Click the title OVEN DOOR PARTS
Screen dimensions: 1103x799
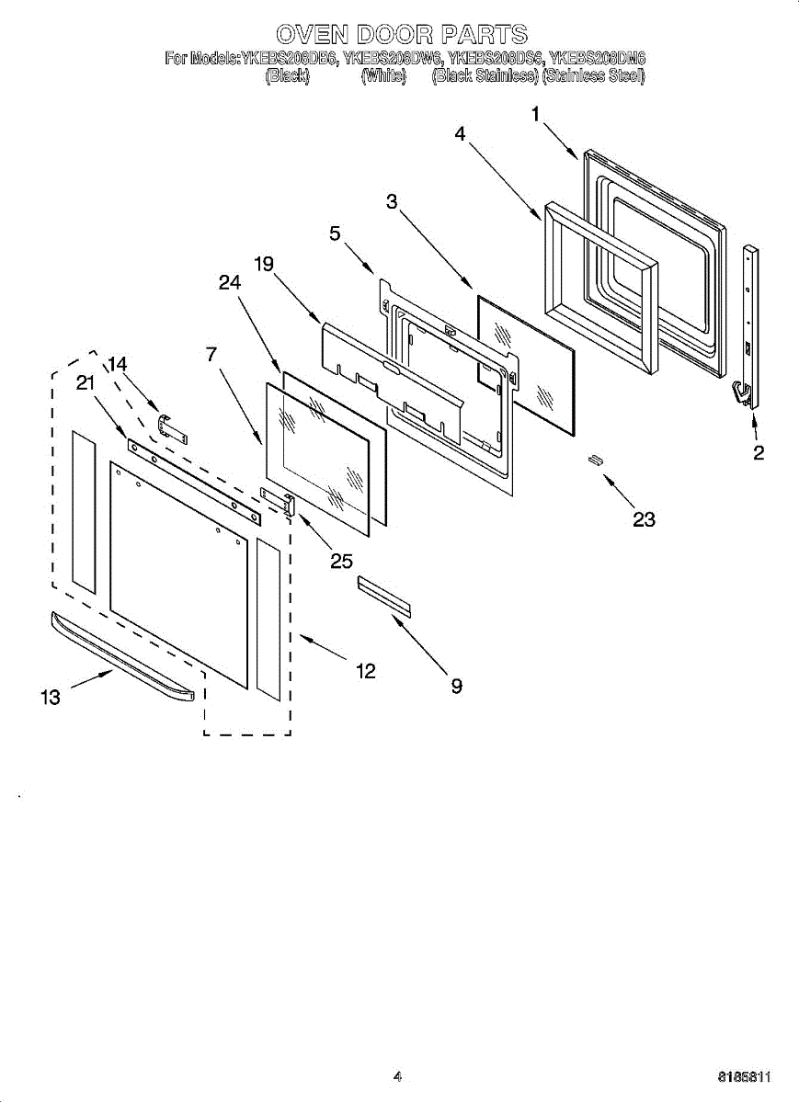(402, 35)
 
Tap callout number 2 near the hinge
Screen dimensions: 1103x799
(759, 452)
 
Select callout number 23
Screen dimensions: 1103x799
(644, 519)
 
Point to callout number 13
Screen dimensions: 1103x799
(50, 697)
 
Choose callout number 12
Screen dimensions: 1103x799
(365, 672)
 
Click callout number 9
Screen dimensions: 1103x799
(456, 685)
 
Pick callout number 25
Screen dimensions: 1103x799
(341, 561)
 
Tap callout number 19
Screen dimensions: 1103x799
(264, 265)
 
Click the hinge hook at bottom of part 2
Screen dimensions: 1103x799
(742, 393)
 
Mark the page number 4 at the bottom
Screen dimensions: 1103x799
(397, 1076)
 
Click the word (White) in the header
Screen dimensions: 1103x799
(383, 76)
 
